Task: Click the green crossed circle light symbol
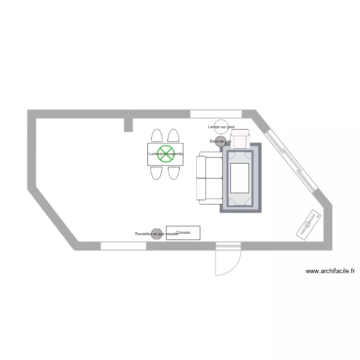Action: [166, 154]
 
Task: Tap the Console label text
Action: [183, 232]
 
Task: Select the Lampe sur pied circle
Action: [221, 127]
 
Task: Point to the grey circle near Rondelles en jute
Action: [156, 234]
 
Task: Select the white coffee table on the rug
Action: [240, 178]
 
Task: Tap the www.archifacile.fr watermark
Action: [330, 271]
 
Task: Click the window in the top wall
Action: [216, 114]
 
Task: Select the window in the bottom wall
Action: [123, 246]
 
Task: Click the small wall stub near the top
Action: [128, 124]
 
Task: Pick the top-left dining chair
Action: [156, 135]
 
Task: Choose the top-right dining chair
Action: [174, 135]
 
